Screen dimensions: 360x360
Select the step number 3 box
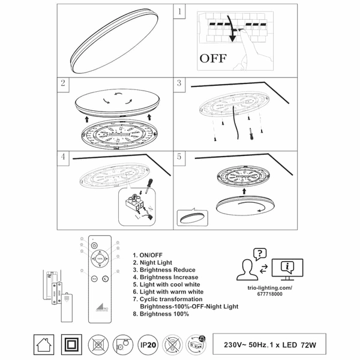click(179, 84)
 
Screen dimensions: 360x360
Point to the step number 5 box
click(179, 158)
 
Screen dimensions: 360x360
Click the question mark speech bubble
click(259, 254)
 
